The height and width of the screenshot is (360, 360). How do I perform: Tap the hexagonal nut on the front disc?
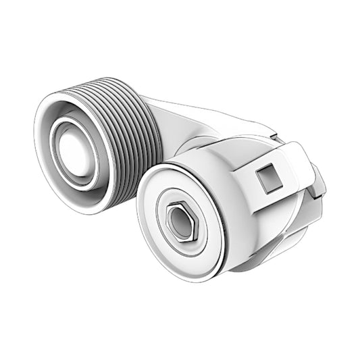point(180,221)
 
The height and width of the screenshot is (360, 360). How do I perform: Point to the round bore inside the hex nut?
point(181,221)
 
